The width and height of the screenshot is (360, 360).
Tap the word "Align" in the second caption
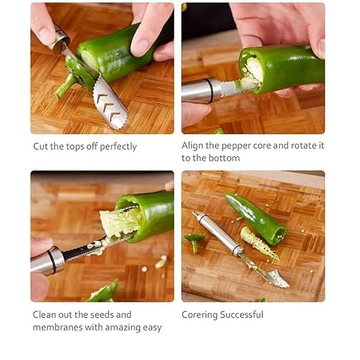(x=194, y=146)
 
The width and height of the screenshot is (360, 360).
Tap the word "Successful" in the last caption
(x=243, y=314)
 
